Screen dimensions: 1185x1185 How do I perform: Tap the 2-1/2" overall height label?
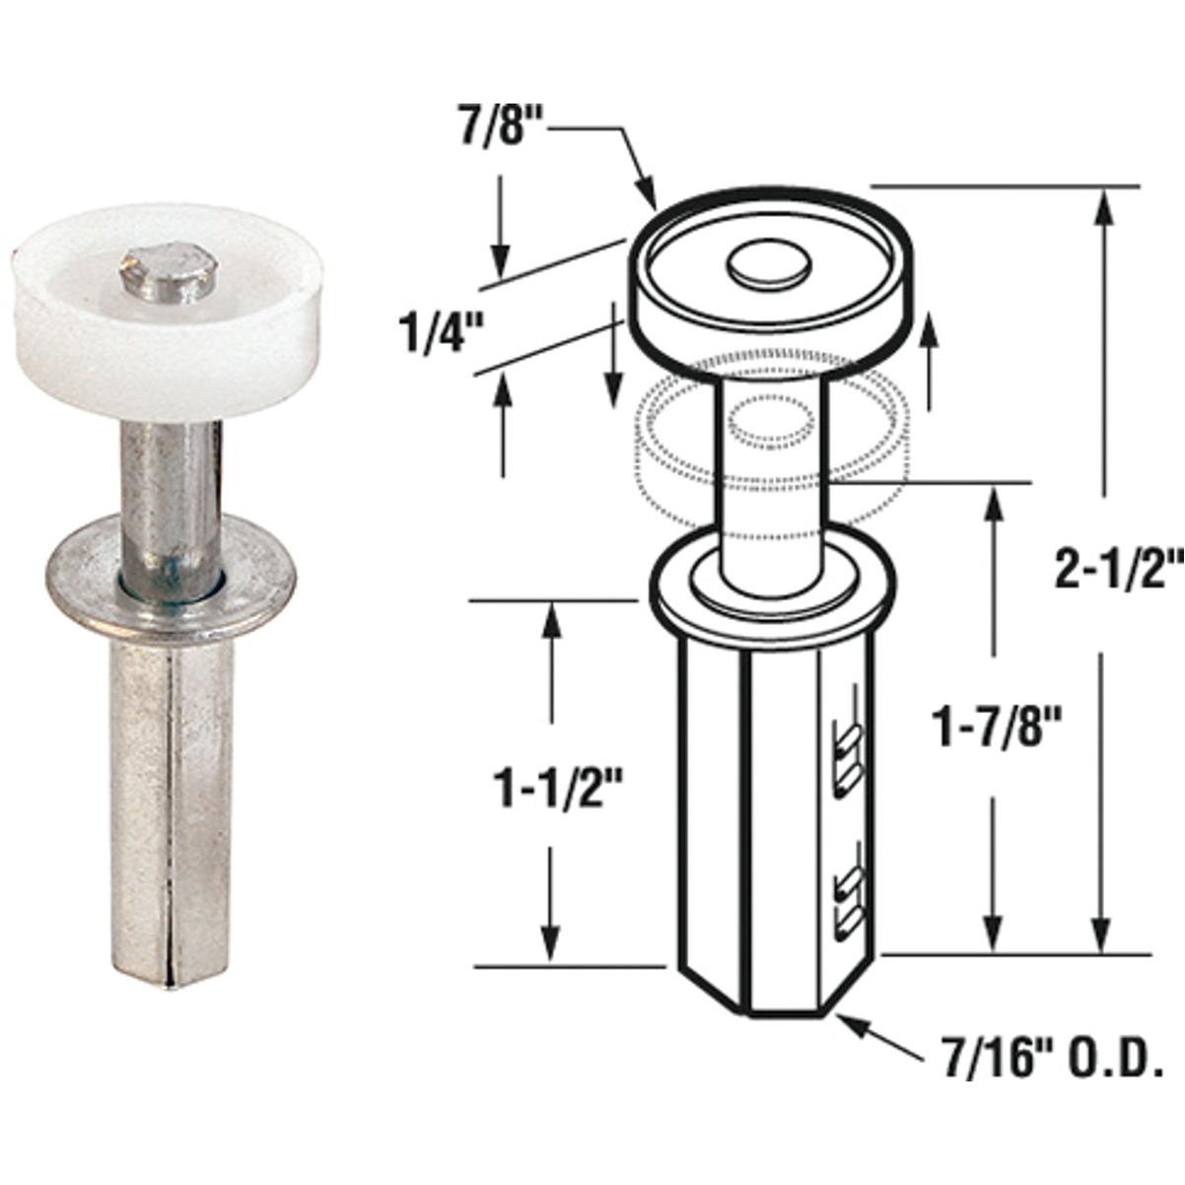[x=1116, y=571]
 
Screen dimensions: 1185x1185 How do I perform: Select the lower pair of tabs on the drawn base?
[x=849, y=892]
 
